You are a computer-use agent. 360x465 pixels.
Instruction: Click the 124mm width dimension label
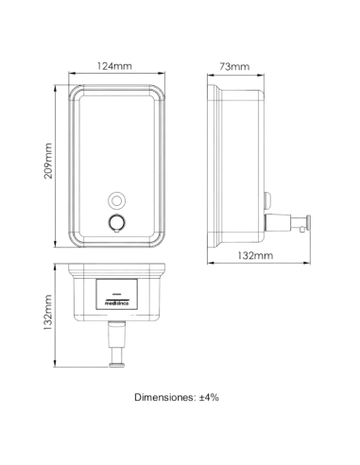(114, 66)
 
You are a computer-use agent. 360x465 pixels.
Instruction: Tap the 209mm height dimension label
(48, 161)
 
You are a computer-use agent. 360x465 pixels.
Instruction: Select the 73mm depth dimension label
(234, 66)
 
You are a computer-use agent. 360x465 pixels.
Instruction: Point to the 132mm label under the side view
(255, 255)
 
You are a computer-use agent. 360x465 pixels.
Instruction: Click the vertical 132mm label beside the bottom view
(47, 312)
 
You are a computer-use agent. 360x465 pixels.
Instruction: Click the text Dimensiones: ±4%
(177, 397)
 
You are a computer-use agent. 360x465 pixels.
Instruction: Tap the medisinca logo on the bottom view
(116, 302)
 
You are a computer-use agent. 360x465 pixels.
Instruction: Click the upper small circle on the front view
(117, 200)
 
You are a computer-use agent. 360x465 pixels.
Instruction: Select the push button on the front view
(117, 222)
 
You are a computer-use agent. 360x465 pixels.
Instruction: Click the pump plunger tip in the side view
(308, 222)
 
